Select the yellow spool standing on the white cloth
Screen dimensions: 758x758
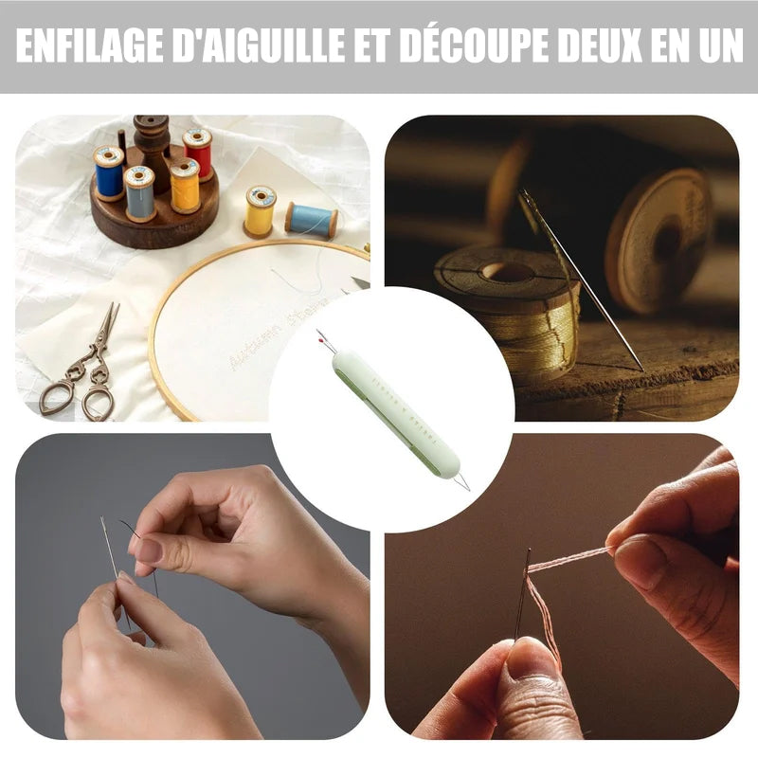[x=260, y=210]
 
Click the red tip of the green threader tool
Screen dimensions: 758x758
[x=320, y=334]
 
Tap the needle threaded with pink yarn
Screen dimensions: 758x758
[x=521, y=592]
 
